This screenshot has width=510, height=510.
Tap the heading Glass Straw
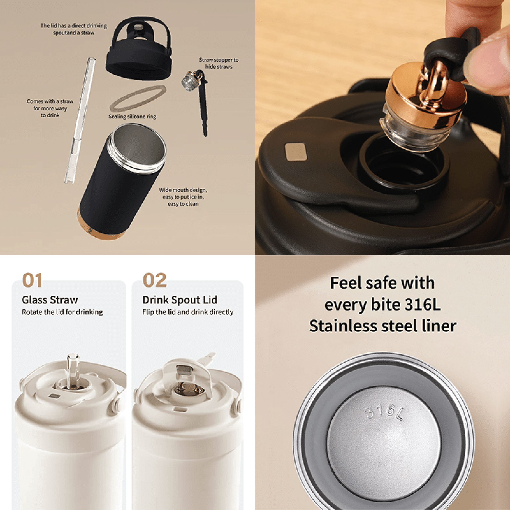point(50,300)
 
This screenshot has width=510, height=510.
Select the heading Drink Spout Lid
point(180,300)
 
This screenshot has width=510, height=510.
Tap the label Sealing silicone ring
point(132,117)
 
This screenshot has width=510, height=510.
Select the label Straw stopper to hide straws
point(219,63)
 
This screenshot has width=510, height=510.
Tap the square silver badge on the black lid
point(296,152)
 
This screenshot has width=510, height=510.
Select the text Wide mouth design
point(183,190)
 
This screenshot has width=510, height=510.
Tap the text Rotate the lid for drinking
point(62,312)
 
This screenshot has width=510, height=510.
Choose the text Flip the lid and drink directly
point(188,312)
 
